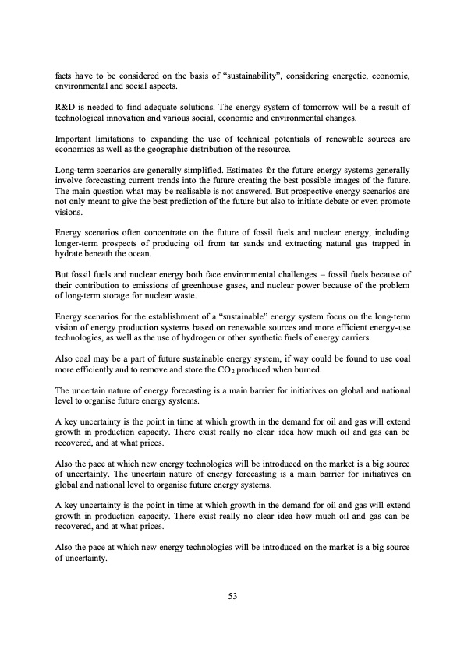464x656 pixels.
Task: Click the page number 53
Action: [232, 596]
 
